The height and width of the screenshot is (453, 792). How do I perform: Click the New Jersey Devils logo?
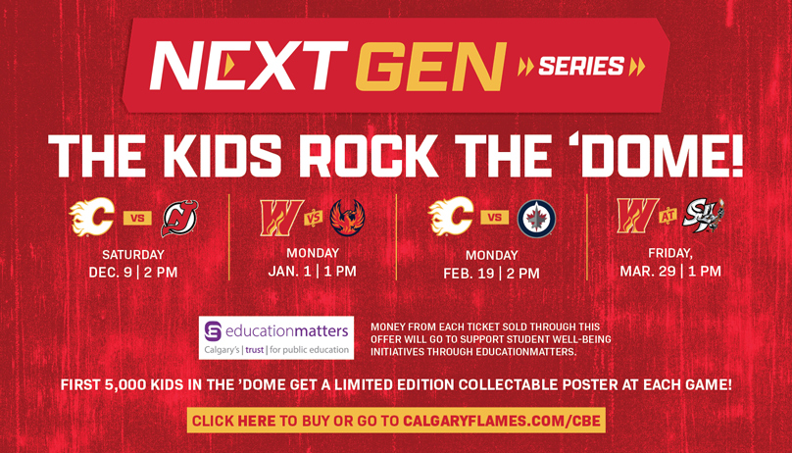[179, 219]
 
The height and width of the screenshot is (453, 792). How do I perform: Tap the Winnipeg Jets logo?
[536, 219]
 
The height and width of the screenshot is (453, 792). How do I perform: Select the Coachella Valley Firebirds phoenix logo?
[348, 217]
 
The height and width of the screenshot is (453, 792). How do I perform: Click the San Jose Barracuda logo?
[704, 216]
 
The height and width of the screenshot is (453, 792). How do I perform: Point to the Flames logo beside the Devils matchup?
[92, 217]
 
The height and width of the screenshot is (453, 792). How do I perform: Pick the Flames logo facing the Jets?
[451, 217]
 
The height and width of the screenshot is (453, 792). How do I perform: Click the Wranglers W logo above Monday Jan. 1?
[281, 218]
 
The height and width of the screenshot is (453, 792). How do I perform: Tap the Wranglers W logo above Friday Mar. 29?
[638, 216]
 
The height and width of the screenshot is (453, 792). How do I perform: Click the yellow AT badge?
[668, 216]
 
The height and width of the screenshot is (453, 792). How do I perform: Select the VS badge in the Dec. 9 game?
[137, 219]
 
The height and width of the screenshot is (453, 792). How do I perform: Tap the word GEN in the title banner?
[431, 66]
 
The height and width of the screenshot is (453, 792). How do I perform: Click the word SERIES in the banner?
[581, 66]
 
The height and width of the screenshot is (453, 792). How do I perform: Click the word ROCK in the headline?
[369, 155]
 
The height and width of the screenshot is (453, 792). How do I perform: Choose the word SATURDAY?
[133, 255]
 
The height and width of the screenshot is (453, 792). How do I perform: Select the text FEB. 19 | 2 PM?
[491, 274]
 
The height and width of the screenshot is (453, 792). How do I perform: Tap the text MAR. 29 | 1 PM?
[670, 272]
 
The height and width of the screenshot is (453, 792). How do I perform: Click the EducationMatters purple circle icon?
[213, 331]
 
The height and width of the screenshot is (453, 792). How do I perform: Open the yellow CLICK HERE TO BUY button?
[397, 421]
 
